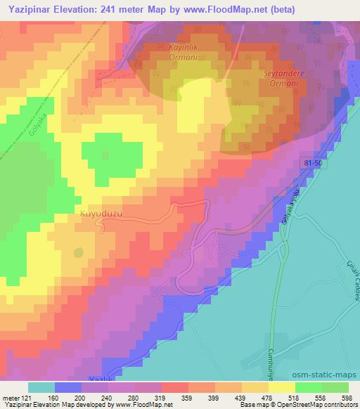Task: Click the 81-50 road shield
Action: click(315, 162)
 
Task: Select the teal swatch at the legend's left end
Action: click(41, 387)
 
